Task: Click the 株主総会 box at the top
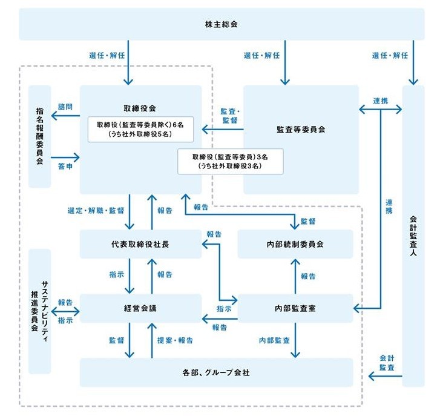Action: click(x=221, y=24)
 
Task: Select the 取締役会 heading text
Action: click(x=140, y=108)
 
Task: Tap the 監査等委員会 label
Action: click(x=301, y=129)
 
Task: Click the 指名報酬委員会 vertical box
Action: click(x=39, y=136)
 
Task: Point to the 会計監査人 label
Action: click(x=413, y=236)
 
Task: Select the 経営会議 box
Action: click(x=140, y=308)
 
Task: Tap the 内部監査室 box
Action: click(x=295, y=308)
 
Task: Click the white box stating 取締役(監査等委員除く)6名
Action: click(x=140, y=129)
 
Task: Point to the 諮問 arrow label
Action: click(x=65, y=107)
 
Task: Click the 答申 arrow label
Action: click(x=65, y=165)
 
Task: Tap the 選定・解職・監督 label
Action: click(x=96, y=211)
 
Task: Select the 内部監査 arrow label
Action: click(x=274, y=341)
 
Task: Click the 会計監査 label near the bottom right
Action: click(x=387, y=363)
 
